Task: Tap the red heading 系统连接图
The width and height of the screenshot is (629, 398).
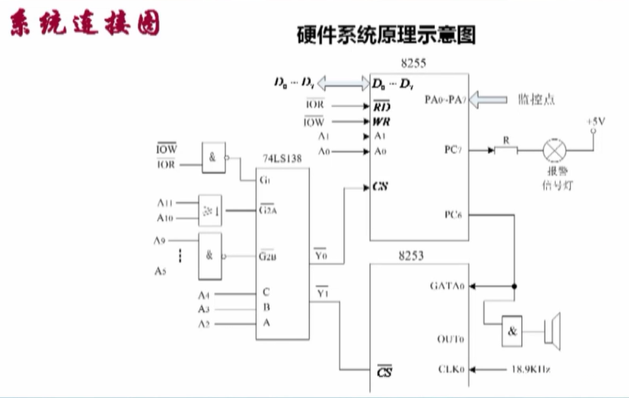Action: tap(84, 25)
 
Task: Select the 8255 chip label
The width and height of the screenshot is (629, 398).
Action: tap(414, 64)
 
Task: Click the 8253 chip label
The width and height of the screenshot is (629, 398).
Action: tap(411, 256)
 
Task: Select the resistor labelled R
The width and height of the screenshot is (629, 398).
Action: tap(505, 149)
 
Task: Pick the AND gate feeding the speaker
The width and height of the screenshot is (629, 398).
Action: tap(513, 329)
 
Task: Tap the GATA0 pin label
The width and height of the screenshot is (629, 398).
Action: tap(447, 286)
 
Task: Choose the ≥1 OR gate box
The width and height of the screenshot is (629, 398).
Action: tap(210, 210)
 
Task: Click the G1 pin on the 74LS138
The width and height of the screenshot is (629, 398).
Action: tap(265, 181)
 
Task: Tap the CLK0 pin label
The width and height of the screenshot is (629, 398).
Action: tap(452, 369)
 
